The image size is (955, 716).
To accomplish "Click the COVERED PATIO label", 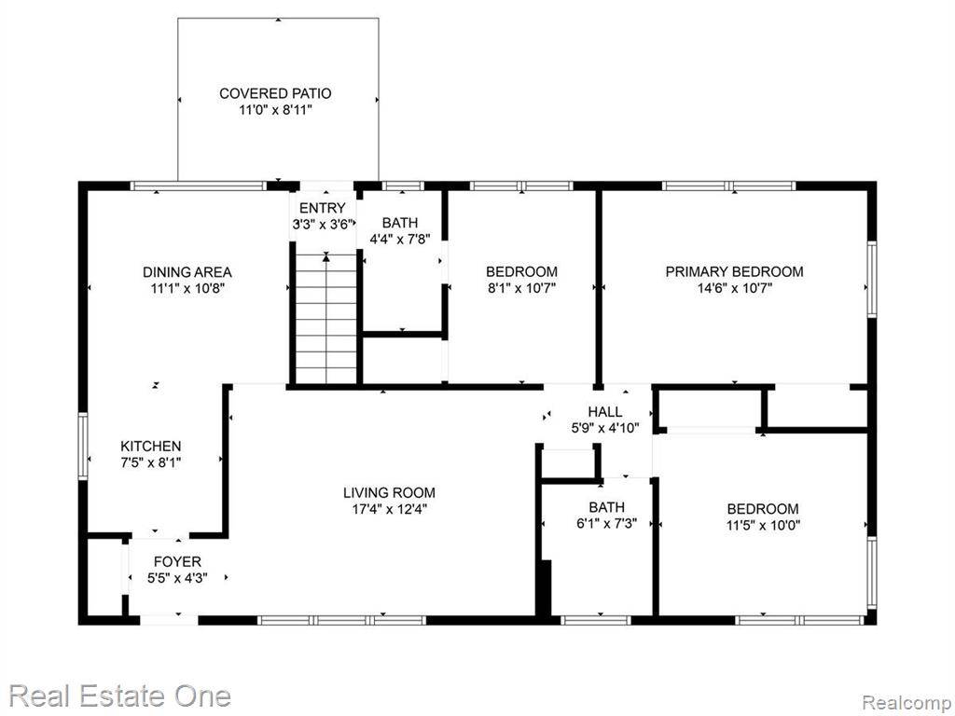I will (275, 93).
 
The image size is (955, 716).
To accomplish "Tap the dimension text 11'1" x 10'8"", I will (187, 288).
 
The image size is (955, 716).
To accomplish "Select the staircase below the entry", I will (326, 317).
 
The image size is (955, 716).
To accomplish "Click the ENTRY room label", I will (323, 208).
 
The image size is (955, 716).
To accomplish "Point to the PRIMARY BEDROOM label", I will (734, 271).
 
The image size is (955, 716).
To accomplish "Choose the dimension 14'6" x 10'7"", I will (734, 288).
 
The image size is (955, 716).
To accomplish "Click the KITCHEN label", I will (150, 447).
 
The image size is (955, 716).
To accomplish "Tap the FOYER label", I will (177, 561).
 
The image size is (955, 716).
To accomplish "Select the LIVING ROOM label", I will (389, 492).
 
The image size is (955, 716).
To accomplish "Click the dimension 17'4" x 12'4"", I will (389, 509).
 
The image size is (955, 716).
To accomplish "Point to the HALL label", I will (604, 412).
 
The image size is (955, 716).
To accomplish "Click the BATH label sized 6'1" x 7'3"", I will (606, 507).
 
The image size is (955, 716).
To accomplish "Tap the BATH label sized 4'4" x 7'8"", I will (400, 223).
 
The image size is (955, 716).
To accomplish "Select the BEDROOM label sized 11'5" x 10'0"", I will (763, 508).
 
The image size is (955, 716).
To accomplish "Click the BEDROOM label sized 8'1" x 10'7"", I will (521, 271).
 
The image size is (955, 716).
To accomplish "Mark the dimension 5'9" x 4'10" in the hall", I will (604, 429).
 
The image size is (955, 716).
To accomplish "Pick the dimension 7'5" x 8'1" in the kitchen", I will (150, 463).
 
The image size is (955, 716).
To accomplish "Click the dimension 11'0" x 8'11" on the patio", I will (275, 110).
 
